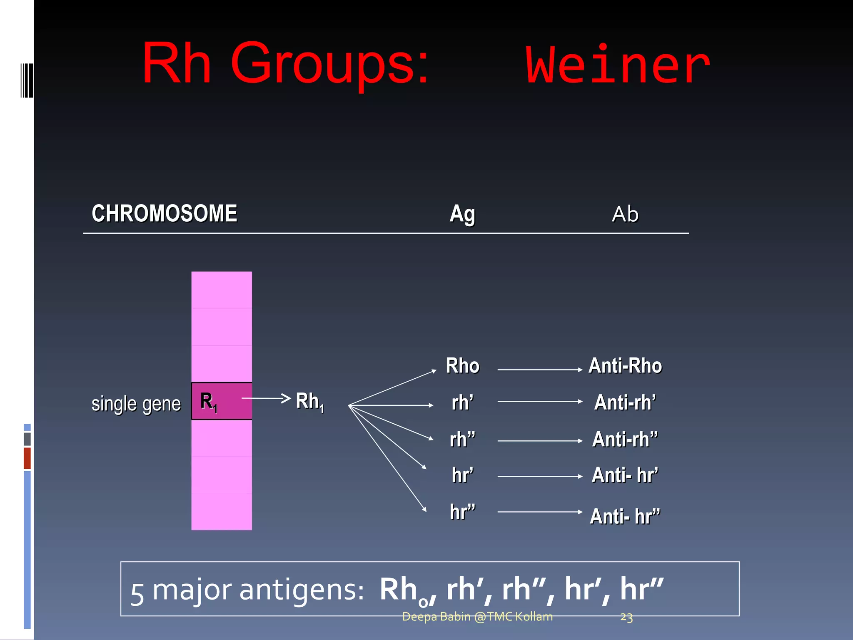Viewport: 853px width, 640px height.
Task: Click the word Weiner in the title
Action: point(618,66)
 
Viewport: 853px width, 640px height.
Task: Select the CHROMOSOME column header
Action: point(165,214)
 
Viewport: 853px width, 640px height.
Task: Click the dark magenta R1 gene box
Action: point(222,401)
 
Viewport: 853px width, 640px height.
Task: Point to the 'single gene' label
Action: point(136,404)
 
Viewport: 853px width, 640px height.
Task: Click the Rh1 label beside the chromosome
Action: point(309,402)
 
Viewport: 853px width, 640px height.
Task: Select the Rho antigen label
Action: point(462,366)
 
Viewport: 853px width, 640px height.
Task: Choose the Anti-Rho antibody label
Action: point(625,366)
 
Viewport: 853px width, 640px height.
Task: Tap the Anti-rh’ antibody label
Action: point(625,402)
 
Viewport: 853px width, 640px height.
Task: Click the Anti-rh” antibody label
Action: point(625,440)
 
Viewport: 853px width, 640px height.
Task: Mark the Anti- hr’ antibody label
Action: point(625,475)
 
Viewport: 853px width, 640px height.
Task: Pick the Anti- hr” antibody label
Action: point(625,517)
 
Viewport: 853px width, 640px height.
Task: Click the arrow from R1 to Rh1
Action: point(266,398)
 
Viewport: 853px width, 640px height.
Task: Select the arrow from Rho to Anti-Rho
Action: point(540,370)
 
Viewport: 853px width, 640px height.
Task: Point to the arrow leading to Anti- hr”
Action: point(540,512)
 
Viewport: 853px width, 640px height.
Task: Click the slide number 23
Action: point(626,617)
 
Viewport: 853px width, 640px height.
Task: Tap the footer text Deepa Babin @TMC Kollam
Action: point(477,617)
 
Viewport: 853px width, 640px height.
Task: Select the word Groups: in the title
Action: point(329,65)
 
